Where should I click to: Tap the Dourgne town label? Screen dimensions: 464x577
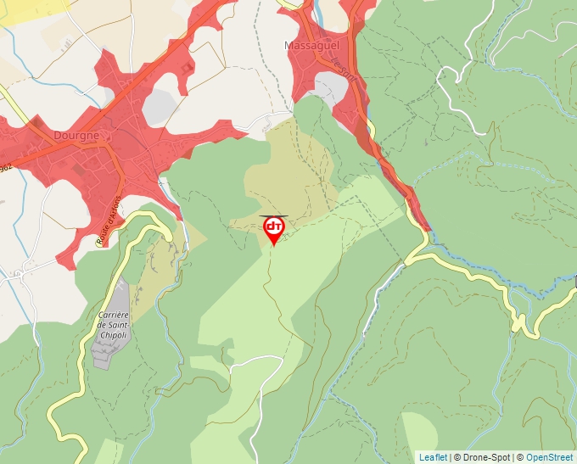(x=76, y=135)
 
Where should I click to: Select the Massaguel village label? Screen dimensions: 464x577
(x=311, y=44)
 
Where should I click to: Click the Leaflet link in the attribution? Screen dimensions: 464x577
(x=433, y=457)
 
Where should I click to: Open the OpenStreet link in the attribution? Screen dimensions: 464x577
(x=549, y=457)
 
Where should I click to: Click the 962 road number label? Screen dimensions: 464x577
(x=4, y=169)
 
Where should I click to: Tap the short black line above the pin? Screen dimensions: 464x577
(x=273, y=215)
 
